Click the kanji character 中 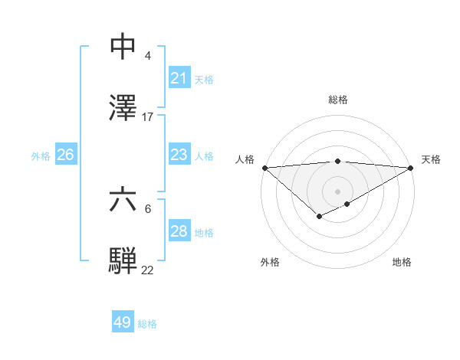point(123,47)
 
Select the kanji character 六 point(123,200)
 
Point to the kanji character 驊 point(123,260)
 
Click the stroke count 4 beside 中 point(147,56)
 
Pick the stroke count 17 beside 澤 point(148,117)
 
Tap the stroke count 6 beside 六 point(147,208)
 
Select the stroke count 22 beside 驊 point(148,270)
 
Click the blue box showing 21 point(179,78)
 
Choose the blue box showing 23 point(179,155)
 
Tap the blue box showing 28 point(179,231)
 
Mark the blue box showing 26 point(65,155)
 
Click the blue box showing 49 point(122,322)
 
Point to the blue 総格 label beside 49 point(147,324)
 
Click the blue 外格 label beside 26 point(41,156)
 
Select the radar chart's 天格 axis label point(431,159)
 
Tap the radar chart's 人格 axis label point(245,159)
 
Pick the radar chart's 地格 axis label point(402,263)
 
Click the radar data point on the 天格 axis point(411,168)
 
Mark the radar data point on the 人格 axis point(264,168)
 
